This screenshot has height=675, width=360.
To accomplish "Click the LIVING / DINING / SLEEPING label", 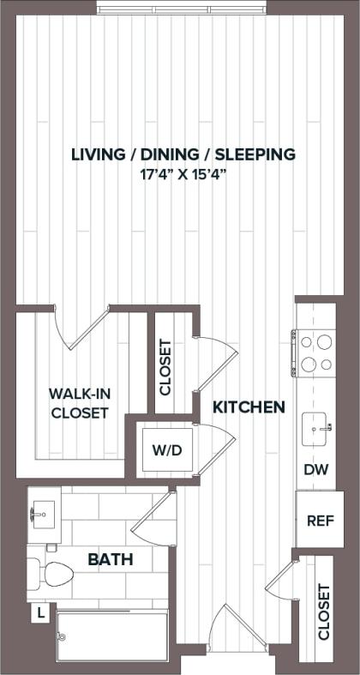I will (x=183, y=154).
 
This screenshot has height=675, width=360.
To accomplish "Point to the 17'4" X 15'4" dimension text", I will (x=183, y=174).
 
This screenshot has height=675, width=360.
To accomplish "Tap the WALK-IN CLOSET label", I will (x=78, y=403).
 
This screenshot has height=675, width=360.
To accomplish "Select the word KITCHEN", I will (x=249, y=407).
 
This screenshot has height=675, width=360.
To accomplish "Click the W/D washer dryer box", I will (x=167, y=449).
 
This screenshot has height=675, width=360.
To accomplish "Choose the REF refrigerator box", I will (x=315, y=519).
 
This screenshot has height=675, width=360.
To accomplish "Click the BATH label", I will (x=111, y=560).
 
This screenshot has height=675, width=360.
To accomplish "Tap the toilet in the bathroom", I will (x=51, y=573).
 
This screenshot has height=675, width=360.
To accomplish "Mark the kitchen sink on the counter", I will (x=316, y=425).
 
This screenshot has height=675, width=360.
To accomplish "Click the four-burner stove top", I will (x=315, y=353).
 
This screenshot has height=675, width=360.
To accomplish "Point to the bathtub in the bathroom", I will (x=112, y=636).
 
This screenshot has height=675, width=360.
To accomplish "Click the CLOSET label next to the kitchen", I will (x=166, y=367).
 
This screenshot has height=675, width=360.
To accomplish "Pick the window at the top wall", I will (x=181, y=9).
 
